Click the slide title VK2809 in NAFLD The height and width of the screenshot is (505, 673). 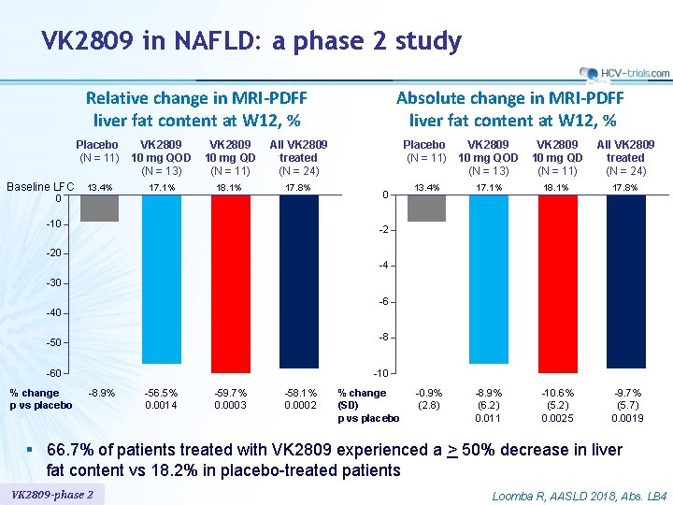pyautogui.click(x=251, y=41)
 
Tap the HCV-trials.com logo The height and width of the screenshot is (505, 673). pyautogui.click(x=624, y=73)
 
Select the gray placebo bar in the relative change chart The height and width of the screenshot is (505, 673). pyautogui.click(x=99, y=209)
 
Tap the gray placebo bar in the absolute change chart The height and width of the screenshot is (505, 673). pyautogui.click(x=426, y=209)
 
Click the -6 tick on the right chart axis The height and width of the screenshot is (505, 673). pyautogui.click(x=382, y=302)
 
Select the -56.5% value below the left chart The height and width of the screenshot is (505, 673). pyautogui.click(x=162, y=394)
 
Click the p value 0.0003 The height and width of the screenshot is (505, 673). pyautogui.click(x=230, y=405)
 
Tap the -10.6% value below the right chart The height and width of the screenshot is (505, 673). pyautogui.click(x=558, y=394)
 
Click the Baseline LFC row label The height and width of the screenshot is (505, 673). pyautogui.click(x=40, y=187)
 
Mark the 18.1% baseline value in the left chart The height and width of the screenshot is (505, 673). pyautogui.click(x=229, y=188)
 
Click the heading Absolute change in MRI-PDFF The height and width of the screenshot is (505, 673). pyautogui.click(x=509, y=98)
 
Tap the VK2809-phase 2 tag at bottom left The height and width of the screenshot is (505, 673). pyautogui.click(x=52, y=495)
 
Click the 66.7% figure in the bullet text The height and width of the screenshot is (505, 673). pyautogui.click(x=82, y=450)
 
